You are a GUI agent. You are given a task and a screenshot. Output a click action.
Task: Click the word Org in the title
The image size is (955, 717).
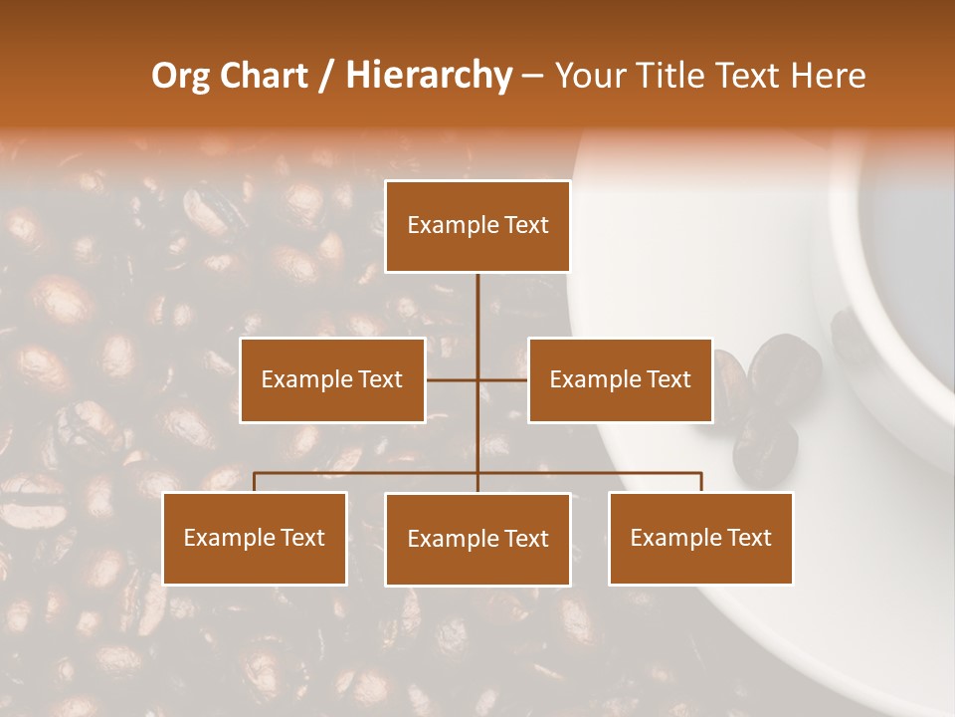point(181,76)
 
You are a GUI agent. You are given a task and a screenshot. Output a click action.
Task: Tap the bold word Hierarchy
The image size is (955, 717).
point(428,76)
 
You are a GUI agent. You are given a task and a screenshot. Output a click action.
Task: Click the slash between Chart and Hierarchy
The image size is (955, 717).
point(326,77)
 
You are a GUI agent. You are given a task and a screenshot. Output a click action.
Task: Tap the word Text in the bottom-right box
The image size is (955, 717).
point(749,538)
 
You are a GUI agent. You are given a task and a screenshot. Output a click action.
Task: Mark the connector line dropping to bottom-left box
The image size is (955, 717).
point(255,482)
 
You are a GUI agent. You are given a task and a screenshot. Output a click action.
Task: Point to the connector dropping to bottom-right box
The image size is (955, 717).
point(700,482)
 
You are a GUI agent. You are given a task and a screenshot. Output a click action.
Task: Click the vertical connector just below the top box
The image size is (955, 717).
point(477,299)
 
